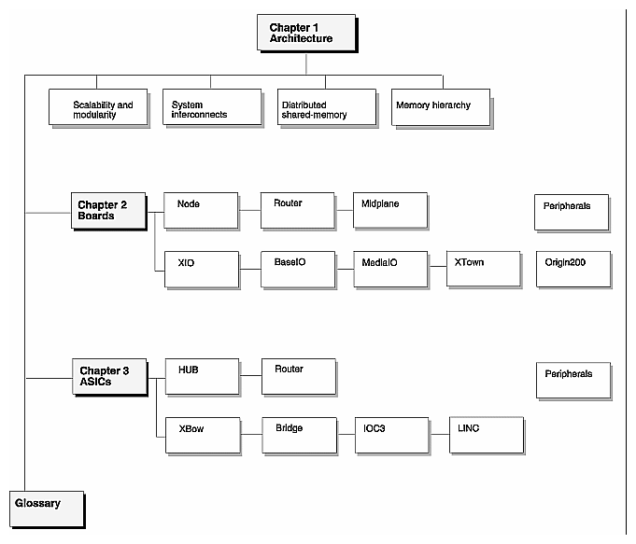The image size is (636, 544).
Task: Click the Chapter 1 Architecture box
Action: (x=306, y=34)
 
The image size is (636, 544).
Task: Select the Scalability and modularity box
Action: (x=103, y=108)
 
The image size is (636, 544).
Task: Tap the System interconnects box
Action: (x=211, y=108)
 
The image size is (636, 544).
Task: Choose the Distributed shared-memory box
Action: (x=326, y=108)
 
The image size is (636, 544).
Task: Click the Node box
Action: (x=201, y=210)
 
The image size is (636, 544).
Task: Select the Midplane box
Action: (x=389, y=210)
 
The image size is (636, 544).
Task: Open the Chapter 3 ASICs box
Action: (x=110, y=377)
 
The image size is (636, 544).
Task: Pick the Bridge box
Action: (x=298, y=435)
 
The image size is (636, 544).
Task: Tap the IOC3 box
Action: (x=391, y=435)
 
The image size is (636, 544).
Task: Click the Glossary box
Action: (x=48, y=509)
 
